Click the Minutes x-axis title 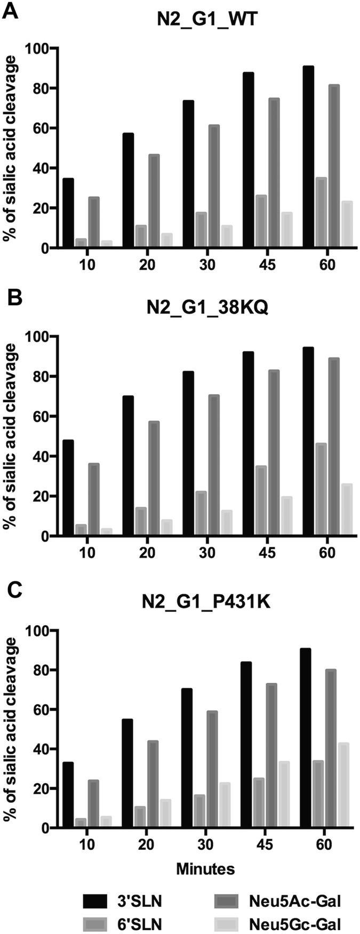206,869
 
